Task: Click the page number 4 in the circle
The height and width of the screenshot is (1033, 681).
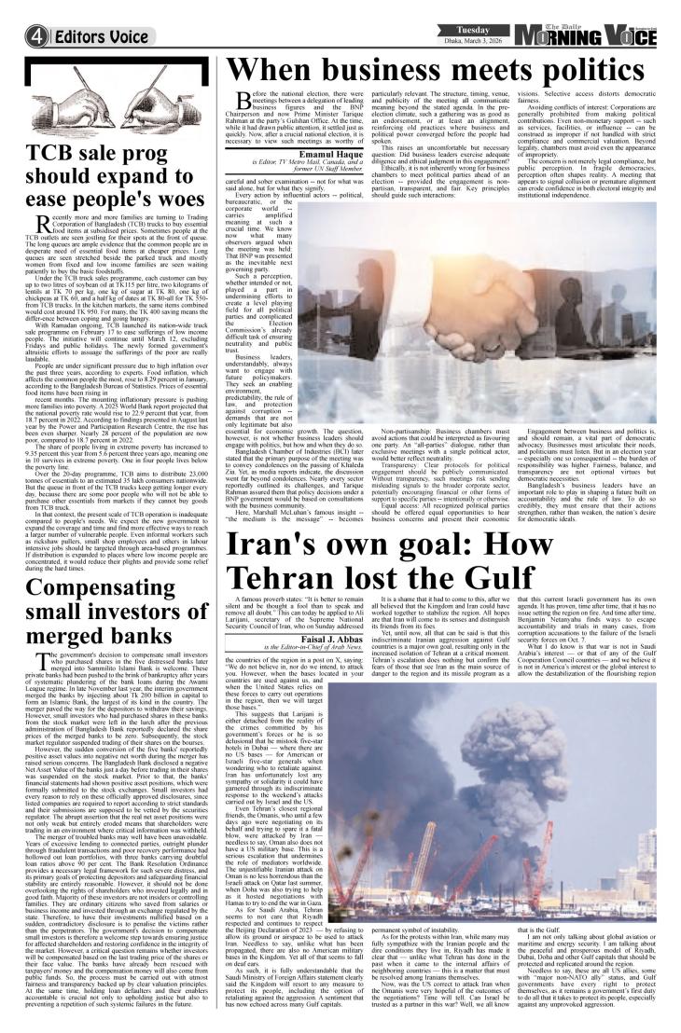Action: point(12,13)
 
